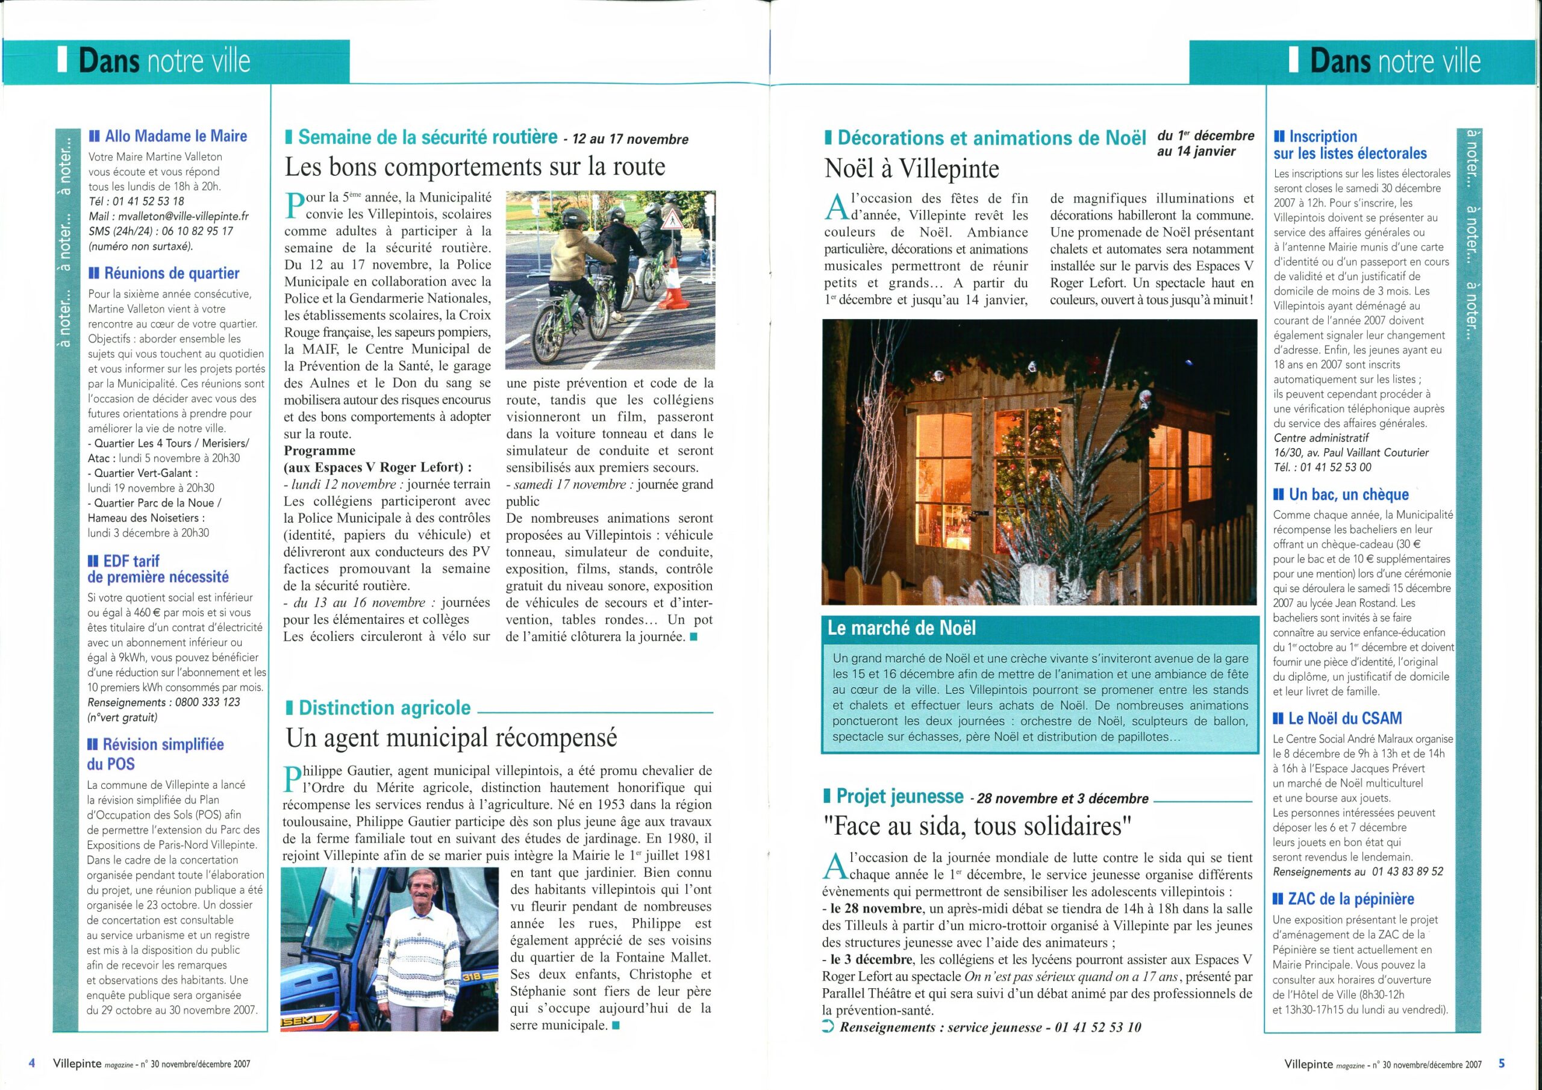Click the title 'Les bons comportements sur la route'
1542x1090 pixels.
click(x=475, y=167)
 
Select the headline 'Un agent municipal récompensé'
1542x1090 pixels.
click(x=451, y=738)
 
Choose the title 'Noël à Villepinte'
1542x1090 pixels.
click(x=911, y=169)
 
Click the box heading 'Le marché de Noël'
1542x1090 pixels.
click(x=901, y=629)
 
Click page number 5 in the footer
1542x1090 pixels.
click(x=1502, y=1063)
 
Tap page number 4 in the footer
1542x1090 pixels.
click(x=31, y=1063)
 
